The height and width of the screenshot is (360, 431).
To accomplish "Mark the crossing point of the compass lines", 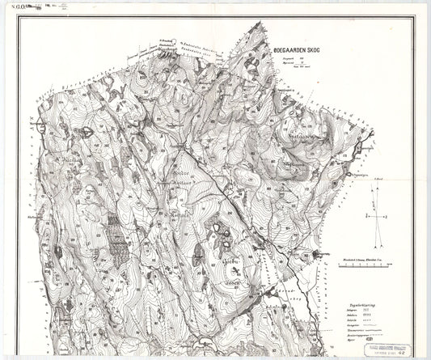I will click(x=373, y=217).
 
